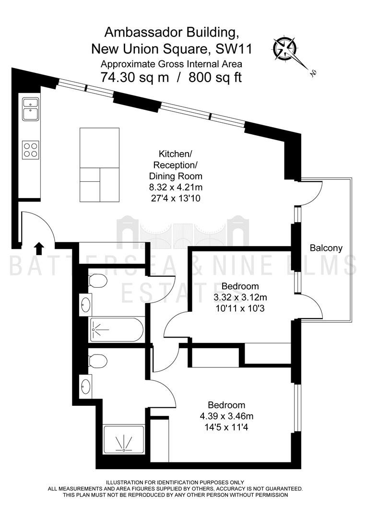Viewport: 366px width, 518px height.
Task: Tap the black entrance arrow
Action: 39,248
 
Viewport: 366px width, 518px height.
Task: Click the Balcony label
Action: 326,248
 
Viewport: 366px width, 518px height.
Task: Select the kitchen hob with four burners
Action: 31,150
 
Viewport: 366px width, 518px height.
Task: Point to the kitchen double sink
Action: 31,109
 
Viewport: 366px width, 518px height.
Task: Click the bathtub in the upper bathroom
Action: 117,330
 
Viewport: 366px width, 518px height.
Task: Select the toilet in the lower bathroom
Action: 98,361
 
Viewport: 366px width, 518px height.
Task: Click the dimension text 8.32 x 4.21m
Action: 176,188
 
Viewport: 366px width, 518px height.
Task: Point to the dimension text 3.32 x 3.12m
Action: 240,297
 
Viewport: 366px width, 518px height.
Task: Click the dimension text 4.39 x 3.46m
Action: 226,416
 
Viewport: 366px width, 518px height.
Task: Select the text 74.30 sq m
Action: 135,78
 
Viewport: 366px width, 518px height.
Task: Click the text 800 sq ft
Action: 215,78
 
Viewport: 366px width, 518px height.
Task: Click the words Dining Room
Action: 176,176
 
